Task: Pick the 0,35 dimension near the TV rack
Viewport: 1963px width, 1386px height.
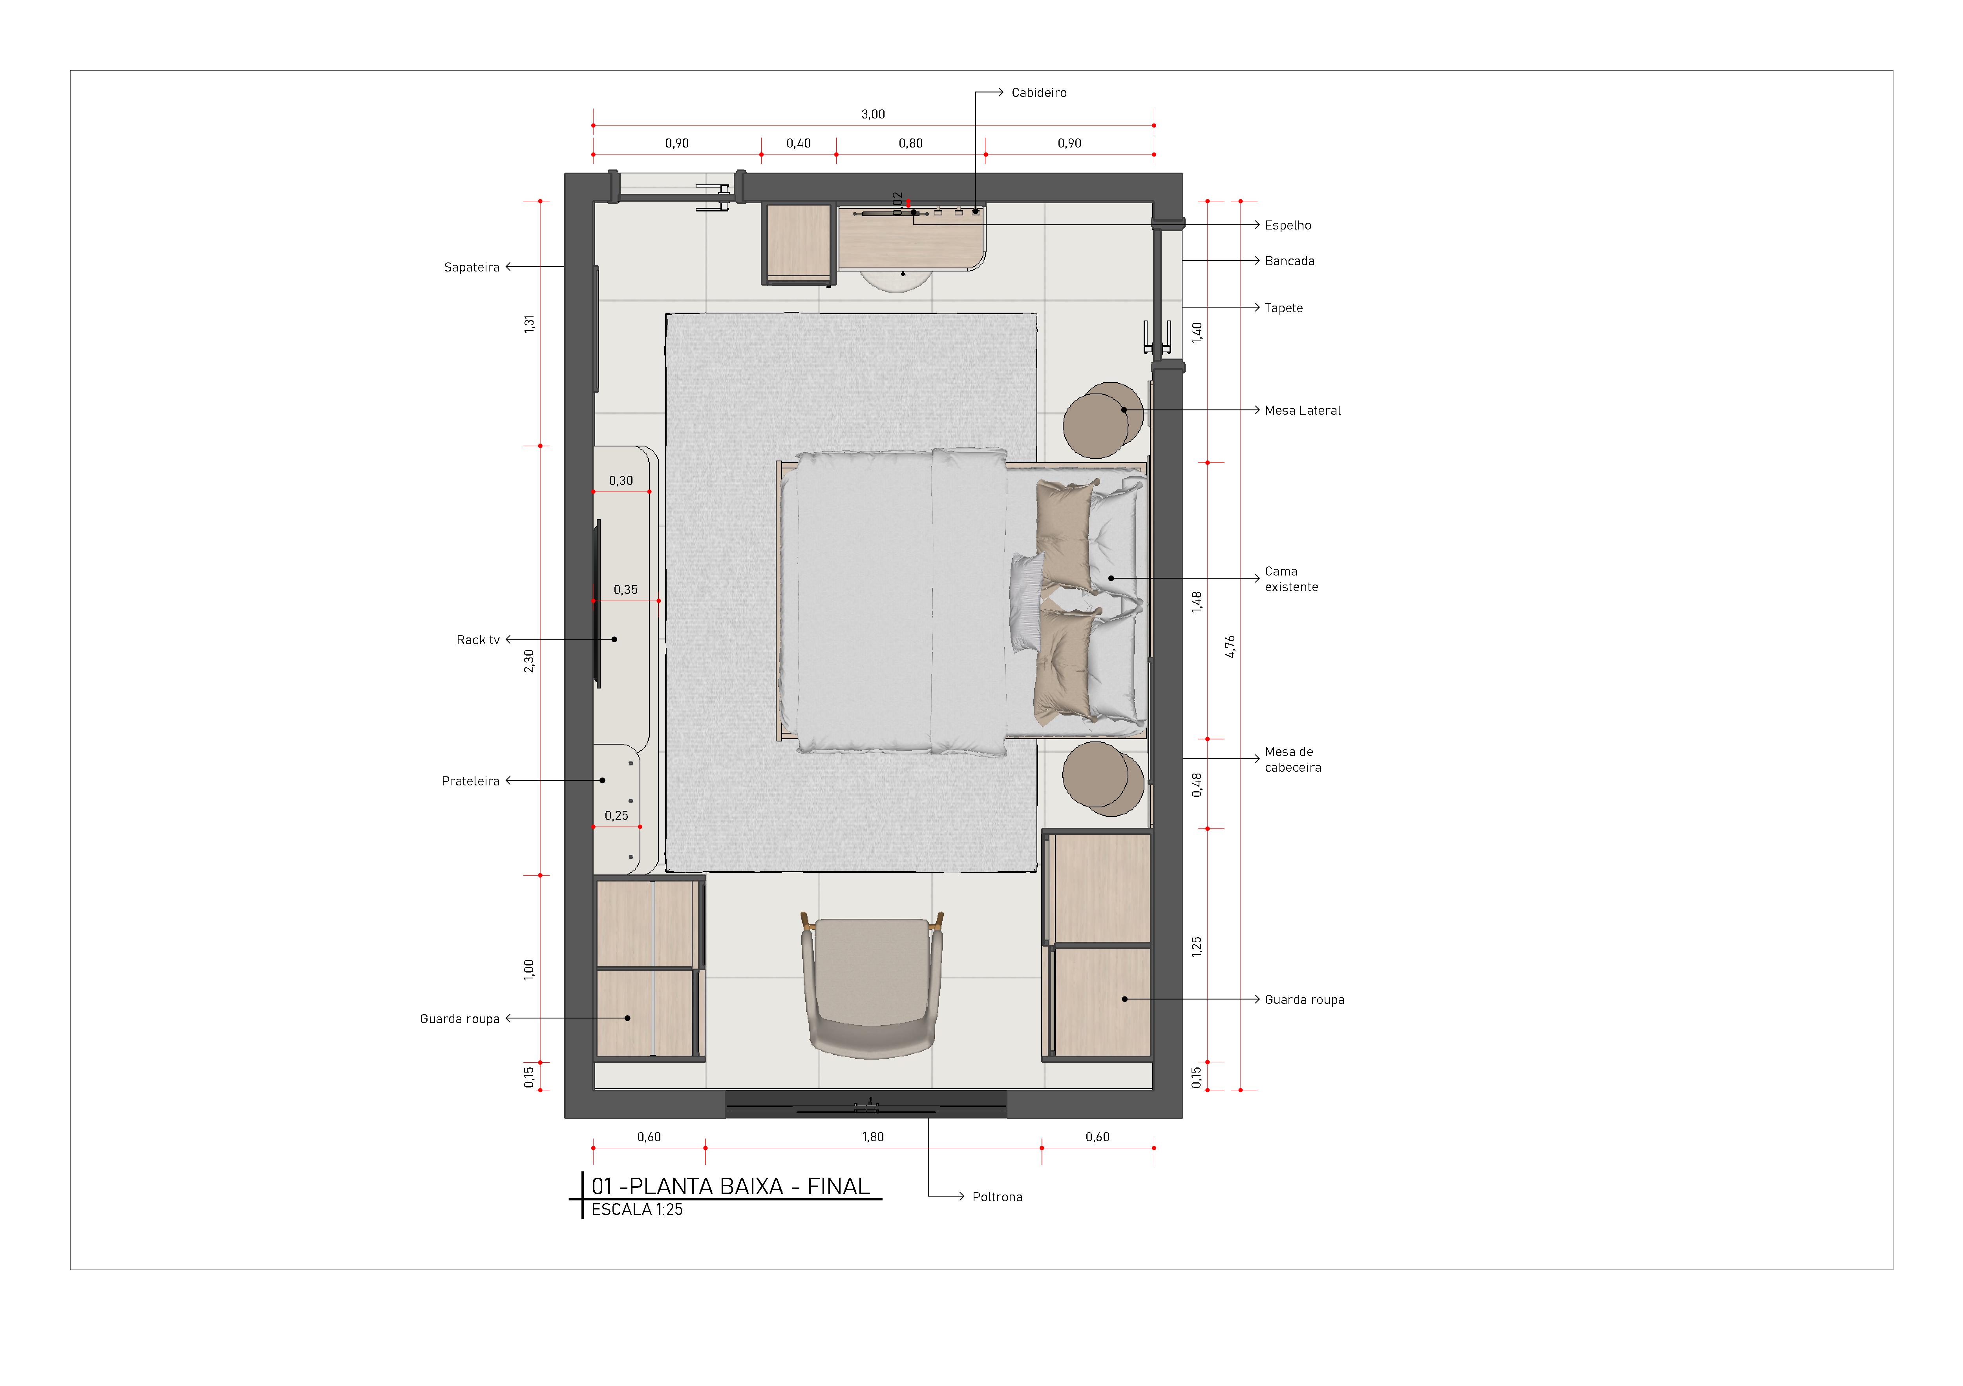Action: coord(625,590)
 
